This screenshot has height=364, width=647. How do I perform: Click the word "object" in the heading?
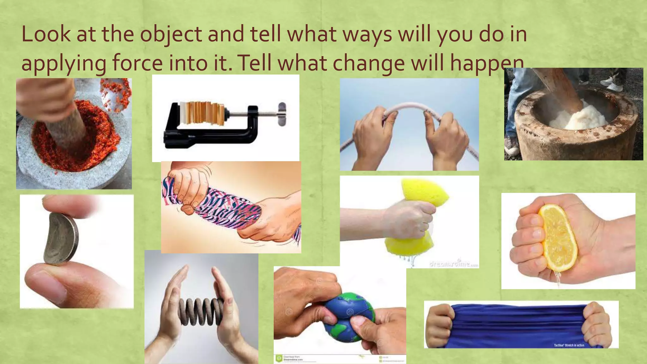pos(171,35)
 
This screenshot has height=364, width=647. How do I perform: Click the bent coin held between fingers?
pos(61,239)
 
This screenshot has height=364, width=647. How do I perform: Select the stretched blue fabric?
pos(518,325)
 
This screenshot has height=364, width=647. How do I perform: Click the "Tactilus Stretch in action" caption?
pos(569,345)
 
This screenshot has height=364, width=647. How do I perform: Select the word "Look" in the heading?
pos(46,35)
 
